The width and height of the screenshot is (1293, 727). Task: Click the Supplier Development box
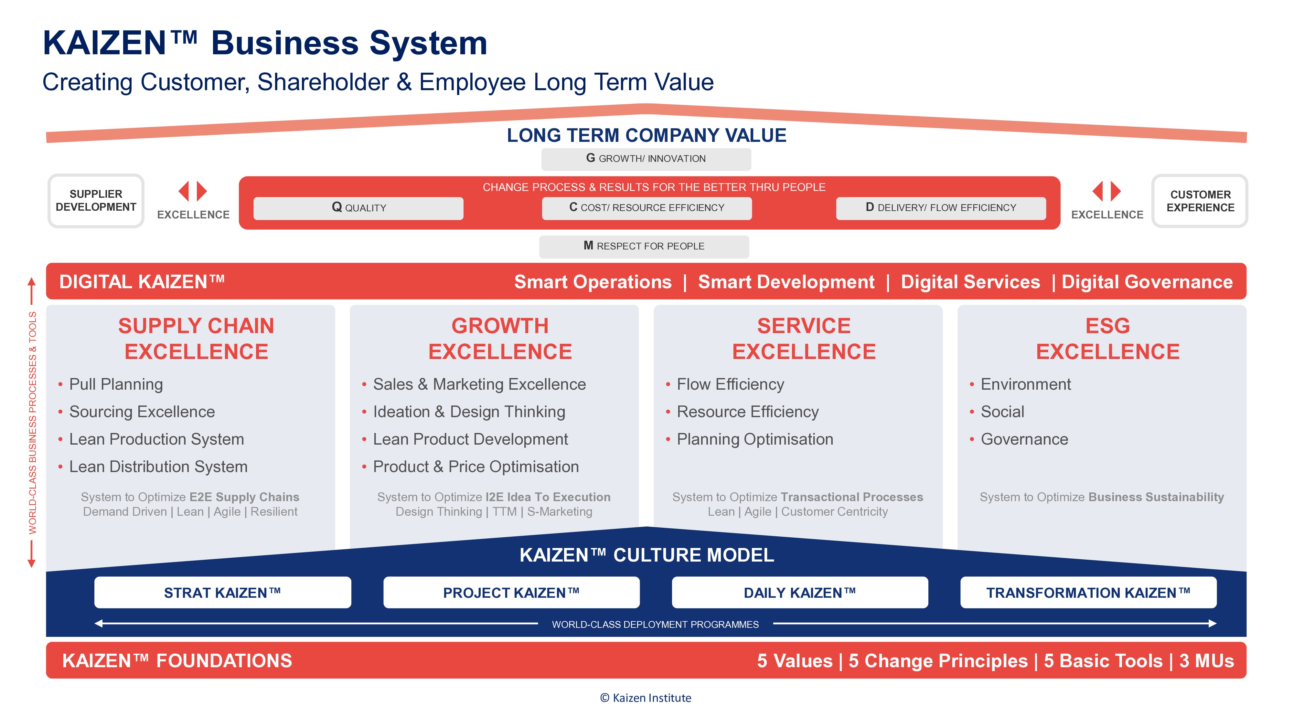pyautogui.click(x=96, y=201)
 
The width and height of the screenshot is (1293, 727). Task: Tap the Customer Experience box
pyautogui.click(x=1200, y=201)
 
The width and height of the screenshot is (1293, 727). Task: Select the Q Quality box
pyautogui.click(x=358, y=208)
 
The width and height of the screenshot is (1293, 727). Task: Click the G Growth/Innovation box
pyautogui.click(x=646, y=159)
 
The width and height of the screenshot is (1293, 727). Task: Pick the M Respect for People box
pyautogui.click(x=644, y=246)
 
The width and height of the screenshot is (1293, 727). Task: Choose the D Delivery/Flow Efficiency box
pyautogui.click(x=941, y=208)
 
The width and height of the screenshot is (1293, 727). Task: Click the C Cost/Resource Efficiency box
pyautogui.click(x=646, y=208)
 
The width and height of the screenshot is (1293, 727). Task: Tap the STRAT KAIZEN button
pyautogui.click(x=222, y=593)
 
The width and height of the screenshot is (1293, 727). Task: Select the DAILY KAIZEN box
pyautogui.click(x=800, y=593)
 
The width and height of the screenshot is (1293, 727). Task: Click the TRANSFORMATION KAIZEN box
pyautogui.click(x=1088, y=593)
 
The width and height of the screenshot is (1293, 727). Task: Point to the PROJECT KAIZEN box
pyautogui.click(x=511, y=593)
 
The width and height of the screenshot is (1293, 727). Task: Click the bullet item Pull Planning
pyautogui.click(x=116, y=384)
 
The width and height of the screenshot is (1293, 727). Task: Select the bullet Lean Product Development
pyautogui.click(x=470, y=439)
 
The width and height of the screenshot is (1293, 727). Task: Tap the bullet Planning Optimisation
pyautogui.click(x=754, y=439)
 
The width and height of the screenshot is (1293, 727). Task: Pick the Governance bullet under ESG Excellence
pyautogui.click(x=1024, y=439)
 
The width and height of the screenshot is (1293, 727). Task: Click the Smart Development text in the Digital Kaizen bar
pyautogui.click(x=786, y=282)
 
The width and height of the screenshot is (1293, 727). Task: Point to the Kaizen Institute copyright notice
pyautogui.click(x=646, y=698)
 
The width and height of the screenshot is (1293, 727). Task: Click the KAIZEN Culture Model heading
pyautogui.click(x=646, y=555)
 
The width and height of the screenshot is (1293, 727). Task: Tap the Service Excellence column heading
pyautogui.click(x=804, y=339)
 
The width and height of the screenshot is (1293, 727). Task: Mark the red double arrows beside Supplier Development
pyautogui.click(x=193, y=191)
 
